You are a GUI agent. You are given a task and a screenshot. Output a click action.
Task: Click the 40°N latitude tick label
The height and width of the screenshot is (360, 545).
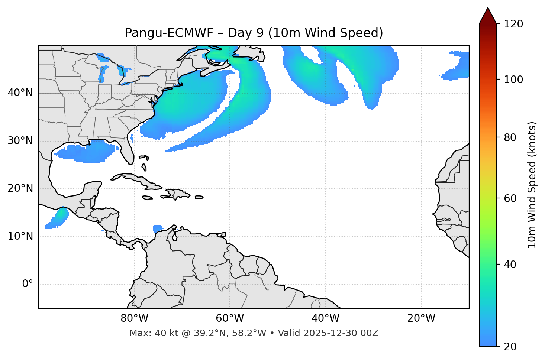pyautogui.click(x=20, y=93)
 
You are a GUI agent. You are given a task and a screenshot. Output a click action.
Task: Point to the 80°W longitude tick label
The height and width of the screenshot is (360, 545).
pyautogui.click(x=134, y=318)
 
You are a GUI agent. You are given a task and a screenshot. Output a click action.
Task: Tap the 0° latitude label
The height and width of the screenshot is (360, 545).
pyautogui.click(x=27, y=284)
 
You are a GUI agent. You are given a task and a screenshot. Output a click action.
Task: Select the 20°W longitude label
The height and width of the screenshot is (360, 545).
pyautogui.click(x=421, y=318)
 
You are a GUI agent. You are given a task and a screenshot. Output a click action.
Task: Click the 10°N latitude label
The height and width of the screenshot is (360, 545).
pyautogui.click(x=20, y=236)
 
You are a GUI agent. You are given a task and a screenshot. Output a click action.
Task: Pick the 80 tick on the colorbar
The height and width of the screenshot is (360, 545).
pyautogui.click(x=512, y=137)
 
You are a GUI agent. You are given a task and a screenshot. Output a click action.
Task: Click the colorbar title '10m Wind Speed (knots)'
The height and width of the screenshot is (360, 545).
pyautogui.click(x=532, y=185)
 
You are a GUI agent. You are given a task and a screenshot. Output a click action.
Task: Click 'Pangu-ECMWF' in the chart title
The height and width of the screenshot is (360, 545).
pyautogui.click(x=169, y=33)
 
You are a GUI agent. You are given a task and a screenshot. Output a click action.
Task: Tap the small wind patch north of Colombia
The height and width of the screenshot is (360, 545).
pyautogui.click(x=158, y=228)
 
